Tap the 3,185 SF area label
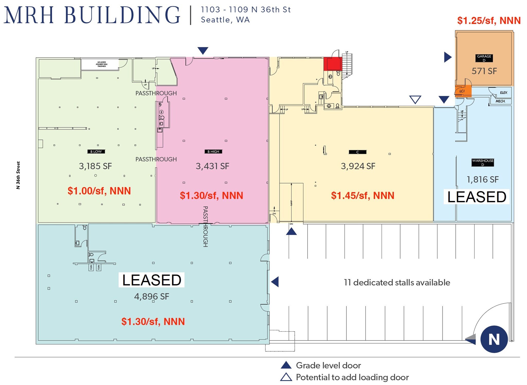coord(95,166)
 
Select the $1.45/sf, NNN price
coord(362,196)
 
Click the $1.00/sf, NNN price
coord(99,191)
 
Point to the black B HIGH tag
coord(213,152)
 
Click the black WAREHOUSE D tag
coord(482,162)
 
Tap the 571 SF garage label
coord(484,71)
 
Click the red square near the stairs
coord(332,64)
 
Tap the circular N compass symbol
coord(494,339)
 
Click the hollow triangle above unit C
coord(415,99)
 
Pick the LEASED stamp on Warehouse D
coord(477,197)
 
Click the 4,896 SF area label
coord(152,297)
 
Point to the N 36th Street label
coord(18,175)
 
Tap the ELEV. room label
coord(504,93)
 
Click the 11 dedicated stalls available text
coord(397,282)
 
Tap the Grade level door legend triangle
coord(286,365)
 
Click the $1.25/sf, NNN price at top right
coord(489,21)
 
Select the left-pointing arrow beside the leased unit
coord(275,282)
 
